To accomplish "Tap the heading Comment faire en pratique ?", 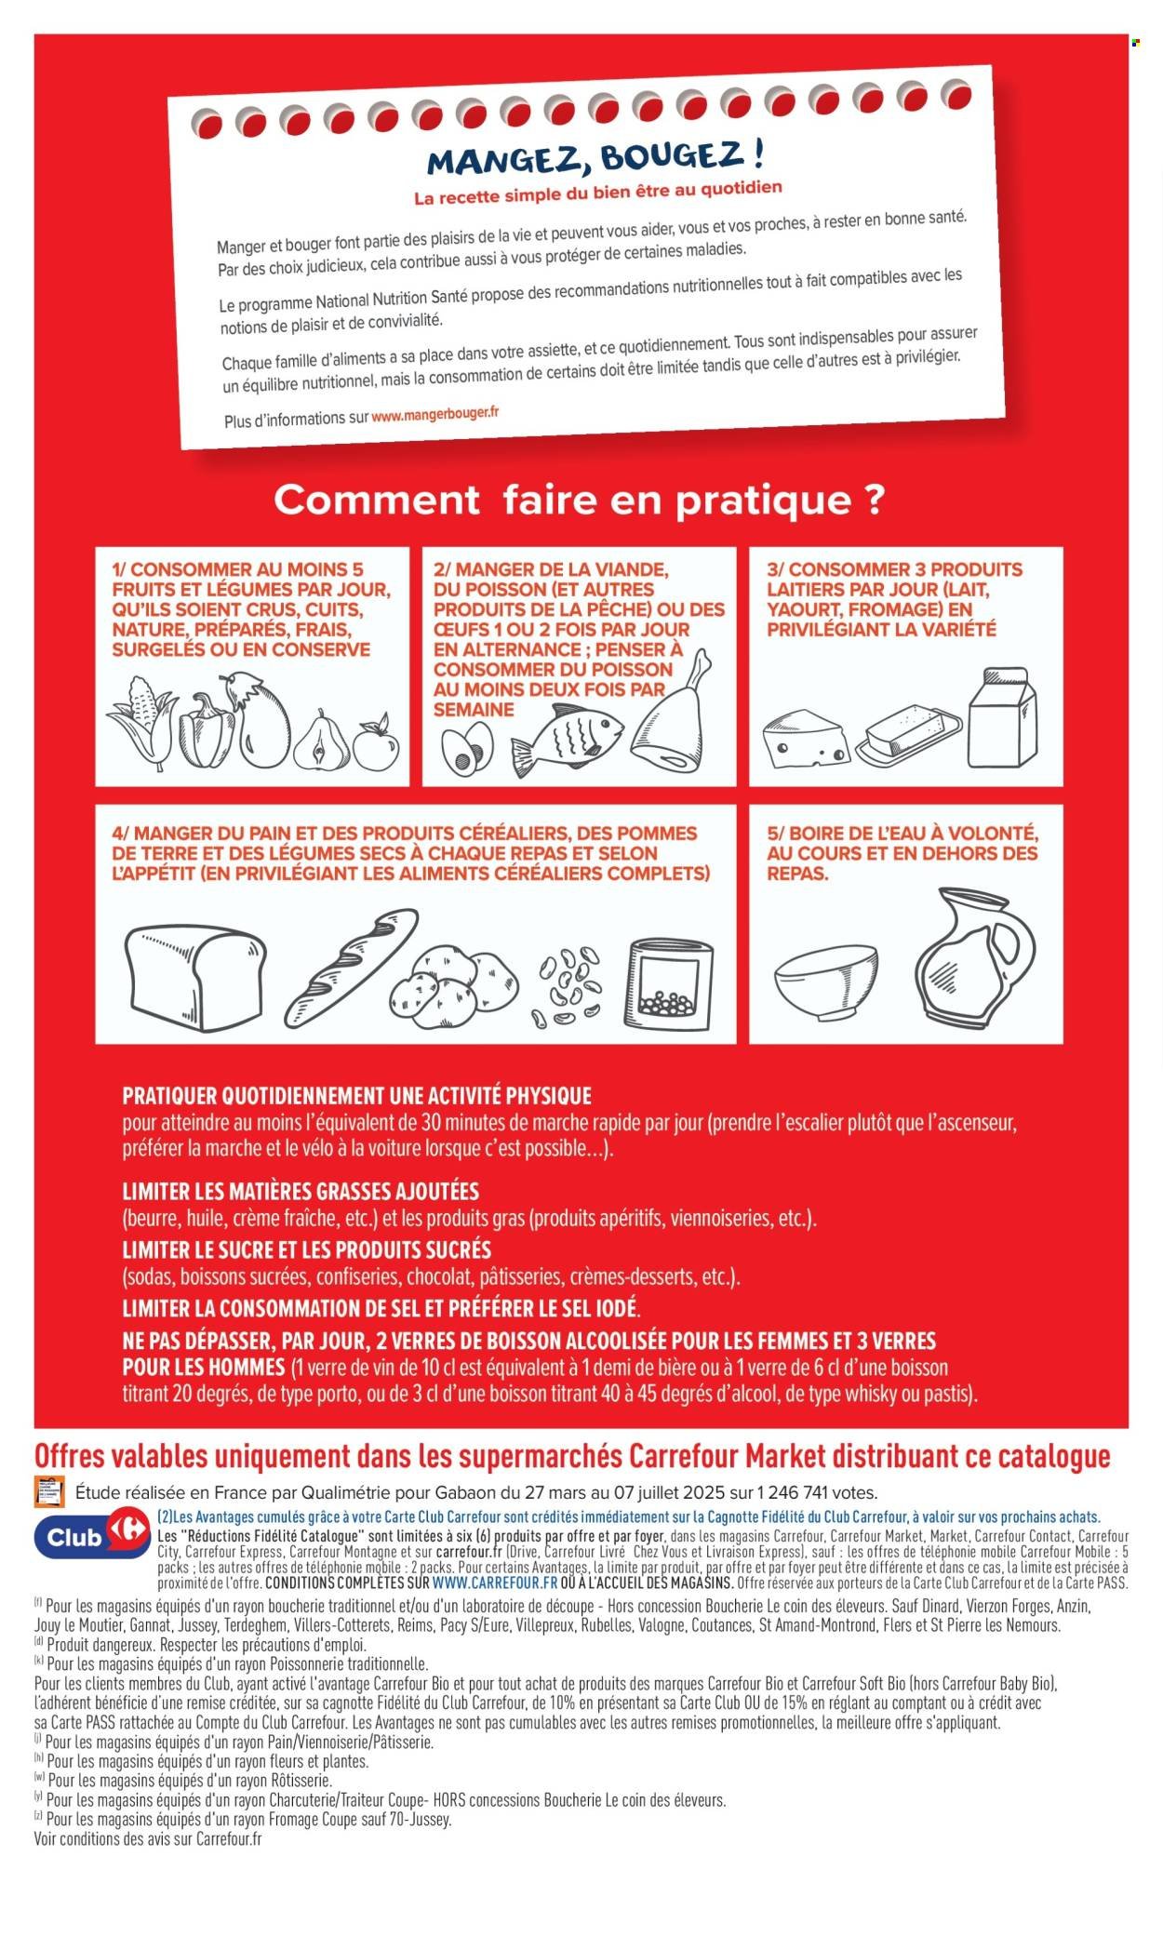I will pyautogui.click(x=579, y=500).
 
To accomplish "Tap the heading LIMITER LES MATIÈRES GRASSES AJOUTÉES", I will pyautogui.click(x=301, y=1191).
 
